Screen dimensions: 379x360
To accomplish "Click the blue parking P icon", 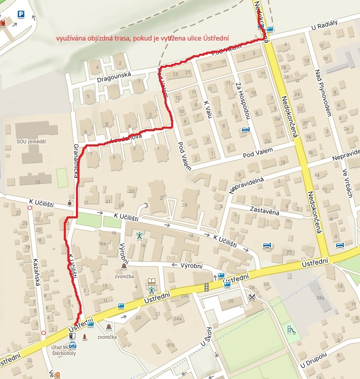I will [x=20, y=15].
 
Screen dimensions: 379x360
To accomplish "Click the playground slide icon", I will [x=291, y=329].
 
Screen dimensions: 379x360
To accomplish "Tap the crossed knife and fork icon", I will [x=252, y=297].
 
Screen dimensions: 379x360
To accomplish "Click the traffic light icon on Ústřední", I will [x=206, y=287].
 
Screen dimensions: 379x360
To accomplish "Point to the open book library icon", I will [x=151, y=281].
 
